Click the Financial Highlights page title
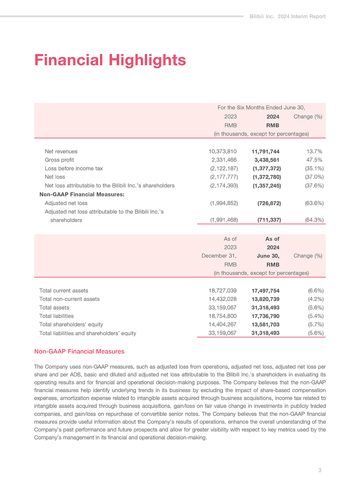point(110,61)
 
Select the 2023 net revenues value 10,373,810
point(223,151)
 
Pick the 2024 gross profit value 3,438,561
point(266,160)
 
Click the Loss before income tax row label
point(74,168)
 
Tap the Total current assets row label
point(64,291)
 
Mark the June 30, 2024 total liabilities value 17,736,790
point(265,316)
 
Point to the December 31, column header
point(219,256)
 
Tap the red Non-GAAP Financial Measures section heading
point(79,351)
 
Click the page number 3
point(320,470)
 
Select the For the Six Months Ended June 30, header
point(261,107)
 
